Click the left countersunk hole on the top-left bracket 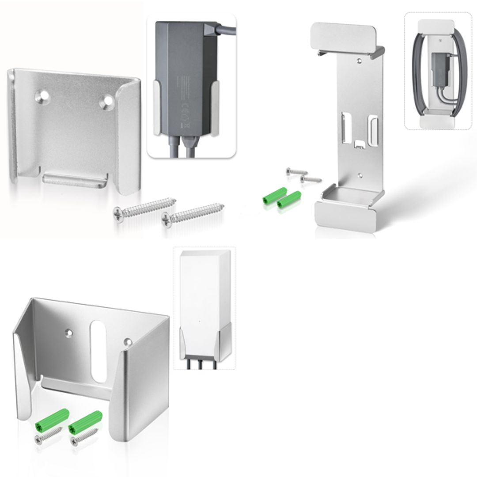click(44, 95)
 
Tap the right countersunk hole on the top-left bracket click(107, 102)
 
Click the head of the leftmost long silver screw click(119, 212)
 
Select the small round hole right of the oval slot click(128, 341)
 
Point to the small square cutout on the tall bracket click(359, 144)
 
